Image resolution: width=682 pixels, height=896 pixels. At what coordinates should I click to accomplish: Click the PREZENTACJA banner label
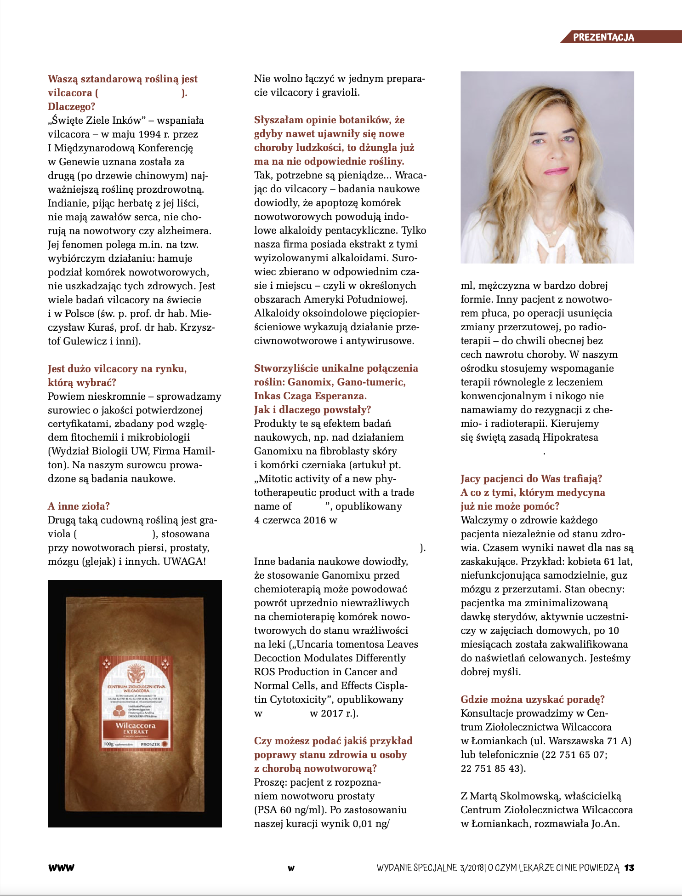pos(603,37)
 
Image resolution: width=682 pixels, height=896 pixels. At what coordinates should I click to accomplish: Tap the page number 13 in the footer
pos(629,868)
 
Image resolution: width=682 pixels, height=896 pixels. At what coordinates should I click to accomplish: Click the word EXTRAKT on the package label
pos(135,731)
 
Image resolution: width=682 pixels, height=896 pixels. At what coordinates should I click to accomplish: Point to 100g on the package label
pos(108,744)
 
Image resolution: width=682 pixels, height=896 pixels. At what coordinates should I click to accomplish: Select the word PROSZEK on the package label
pos(150,744)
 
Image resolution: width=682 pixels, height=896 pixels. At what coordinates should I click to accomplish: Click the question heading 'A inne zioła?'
pos(79,506)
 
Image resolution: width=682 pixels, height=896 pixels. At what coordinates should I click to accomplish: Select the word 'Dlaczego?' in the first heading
pos(71,106)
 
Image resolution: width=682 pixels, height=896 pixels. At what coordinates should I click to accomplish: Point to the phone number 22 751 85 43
pos(491,769)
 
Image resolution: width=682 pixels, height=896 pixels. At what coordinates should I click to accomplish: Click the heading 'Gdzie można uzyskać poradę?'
pos(533,700)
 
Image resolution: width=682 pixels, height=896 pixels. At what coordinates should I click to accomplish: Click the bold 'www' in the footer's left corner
pos(61,868)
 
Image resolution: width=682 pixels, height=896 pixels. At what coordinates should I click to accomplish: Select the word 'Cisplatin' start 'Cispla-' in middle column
pos(391,686)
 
